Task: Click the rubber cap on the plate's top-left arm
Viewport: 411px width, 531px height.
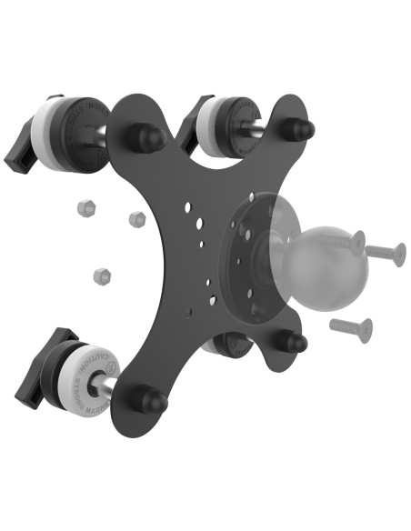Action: point(145,138)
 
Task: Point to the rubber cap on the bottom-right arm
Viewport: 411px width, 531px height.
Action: point(291,343)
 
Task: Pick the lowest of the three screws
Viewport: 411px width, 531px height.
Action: point(351,329)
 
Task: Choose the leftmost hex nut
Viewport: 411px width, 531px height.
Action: point(86,207)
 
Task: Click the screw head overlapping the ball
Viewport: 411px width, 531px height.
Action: point(356,242)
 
